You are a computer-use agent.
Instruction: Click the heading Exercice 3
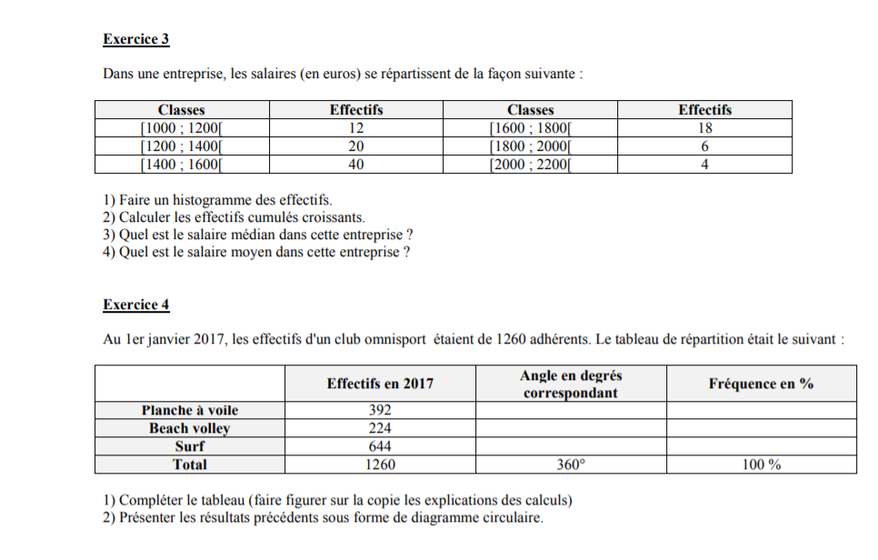point(136,40)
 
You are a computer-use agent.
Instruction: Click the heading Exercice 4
point(136,305)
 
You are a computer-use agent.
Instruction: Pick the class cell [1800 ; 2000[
point(530,146)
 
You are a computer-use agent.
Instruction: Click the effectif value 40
point(356,165)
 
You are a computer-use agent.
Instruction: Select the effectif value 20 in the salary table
point(356,146)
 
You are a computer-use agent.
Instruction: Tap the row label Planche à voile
point(190,410)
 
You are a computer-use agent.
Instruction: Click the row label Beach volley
point(190,428)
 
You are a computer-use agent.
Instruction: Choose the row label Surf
point(190,446)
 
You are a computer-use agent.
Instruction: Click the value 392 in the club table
point(380,410)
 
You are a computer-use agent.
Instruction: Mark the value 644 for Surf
point(380,446)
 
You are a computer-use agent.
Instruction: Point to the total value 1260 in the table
point(380,465)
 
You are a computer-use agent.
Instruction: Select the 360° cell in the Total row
point(571,465)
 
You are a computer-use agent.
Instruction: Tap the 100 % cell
point(761,465)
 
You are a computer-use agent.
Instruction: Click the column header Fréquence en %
point(761,384)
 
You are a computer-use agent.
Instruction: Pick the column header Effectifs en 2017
point(380,384)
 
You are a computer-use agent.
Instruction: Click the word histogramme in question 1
point(191,200)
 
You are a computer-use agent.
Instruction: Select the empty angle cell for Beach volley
point(571,428)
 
